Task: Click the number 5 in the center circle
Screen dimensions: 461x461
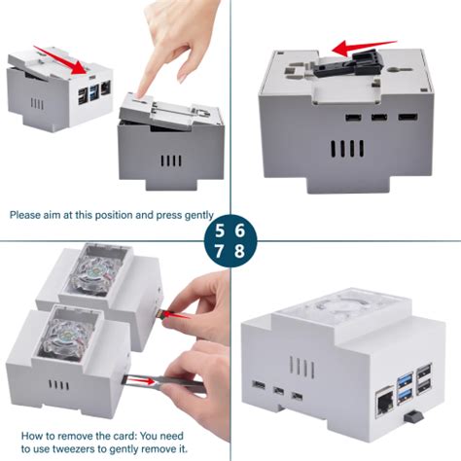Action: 221,231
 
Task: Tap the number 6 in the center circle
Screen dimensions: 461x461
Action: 240,231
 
